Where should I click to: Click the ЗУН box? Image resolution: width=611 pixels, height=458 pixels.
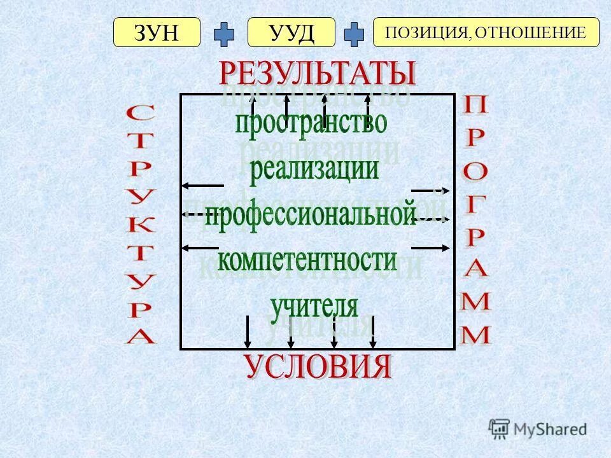tap(157, 32)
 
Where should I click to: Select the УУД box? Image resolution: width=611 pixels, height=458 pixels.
tap(291, 32)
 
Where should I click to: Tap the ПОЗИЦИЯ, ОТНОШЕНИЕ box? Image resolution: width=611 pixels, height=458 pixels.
tap(486, 32)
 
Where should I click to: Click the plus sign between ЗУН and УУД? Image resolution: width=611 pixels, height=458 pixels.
tap(224, 34)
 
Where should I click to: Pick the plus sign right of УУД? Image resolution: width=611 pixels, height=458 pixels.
tap(354, 34)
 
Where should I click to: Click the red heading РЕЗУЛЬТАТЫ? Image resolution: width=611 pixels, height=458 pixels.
tap(317, 74)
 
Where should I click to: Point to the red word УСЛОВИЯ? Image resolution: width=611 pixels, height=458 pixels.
tap(317, 366)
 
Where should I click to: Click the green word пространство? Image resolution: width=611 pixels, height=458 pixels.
tap(311, 123)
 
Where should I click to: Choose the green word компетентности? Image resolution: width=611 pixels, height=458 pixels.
tap(307, 260)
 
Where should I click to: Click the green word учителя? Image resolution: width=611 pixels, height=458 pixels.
tap(314, 306)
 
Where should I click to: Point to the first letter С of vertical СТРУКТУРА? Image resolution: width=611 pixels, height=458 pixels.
tap(140, 115)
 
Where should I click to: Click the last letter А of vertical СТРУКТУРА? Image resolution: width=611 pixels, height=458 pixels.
tap(140, 336)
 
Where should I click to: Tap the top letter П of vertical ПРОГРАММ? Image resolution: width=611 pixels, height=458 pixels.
tap(475, 106)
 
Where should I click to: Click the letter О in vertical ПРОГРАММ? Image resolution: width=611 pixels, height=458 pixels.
tap(475, 170)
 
